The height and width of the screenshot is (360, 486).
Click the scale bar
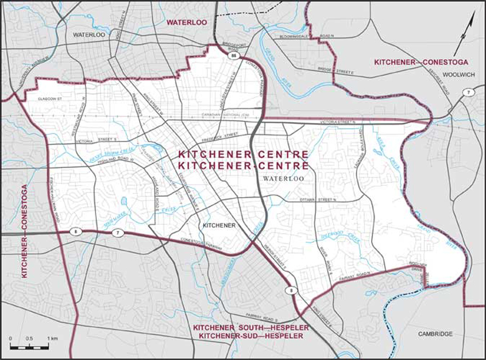30,346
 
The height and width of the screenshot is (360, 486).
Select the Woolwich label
454,75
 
